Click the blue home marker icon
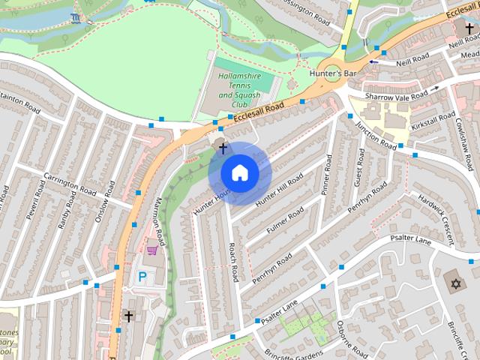[x=239, y=173]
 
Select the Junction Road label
[x=375, y=134]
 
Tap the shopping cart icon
[x=153, y=248]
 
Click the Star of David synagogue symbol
[x=454, y=284]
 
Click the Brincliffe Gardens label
[x=293, y=353]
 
